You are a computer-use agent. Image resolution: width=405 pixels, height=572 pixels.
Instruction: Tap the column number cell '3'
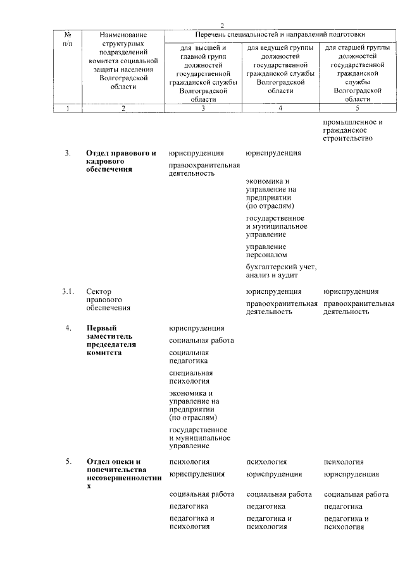click(x=203, y=108)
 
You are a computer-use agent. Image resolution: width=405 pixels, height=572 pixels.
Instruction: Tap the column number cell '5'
click(x=358, y=108)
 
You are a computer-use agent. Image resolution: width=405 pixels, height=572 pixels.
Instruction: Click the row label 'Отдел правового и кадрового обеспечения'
click(x=121, y=161)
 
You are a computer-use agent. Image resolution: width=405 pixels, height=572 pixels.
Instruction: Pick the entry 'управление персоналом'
click(x=266, y=250)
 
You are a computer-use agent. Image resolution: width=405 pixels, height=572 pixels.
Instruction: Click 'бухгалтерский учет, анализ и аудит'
click(x=280, y=270)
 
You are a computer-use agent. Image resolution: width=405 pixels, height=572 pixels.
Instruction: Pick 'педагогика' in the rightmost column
click(x=343, y=506)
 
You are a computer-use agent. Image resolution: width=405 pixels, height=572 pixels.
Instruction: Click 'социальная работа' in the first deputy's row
click(x=201, y=341)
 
